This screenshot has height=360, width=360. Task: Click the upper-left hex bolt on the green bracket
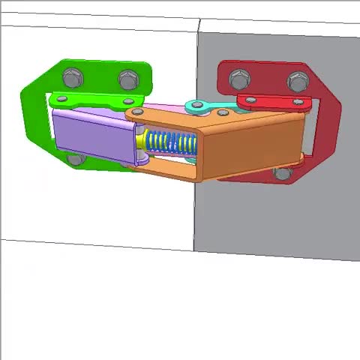tap(72, 76)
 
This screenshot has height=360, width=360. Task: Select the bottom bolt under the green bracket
tap(74, 160)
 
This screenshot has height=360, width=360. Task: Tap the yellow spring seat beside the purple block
tap(141, 142)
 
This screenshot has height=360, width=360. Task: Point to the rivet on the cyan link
tap(197, 106)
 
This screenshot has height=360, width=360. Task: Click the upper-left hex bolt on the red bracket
tap(239, 79)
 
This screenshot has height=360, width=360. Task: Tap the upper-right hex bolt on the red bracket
tap(298, 80)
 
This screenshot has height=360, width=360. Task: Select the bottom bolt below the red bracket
tap(282, 173)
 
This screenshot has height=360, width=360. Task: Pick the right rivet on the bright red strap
tap(299, 101)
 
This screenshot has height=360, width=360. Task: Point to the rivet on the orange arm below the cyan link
tap(223, 113)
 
